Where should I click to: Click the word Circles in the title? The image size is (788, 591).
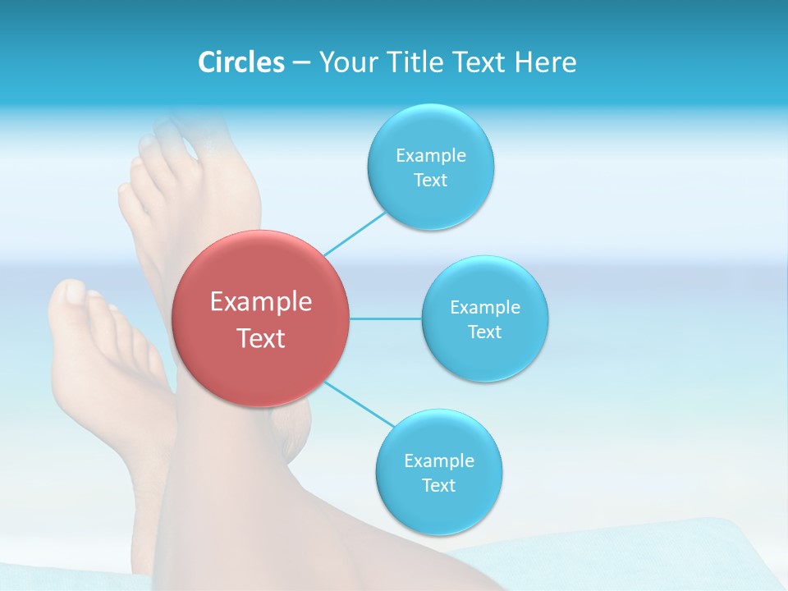pyautogui.click(x=241, y=62)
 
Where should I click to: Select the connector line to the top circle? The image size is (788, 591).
pyautogui.click(x=355, y=232)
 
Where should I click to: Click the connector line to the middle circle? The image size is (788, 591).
pyautogui.click(x=386, y=318)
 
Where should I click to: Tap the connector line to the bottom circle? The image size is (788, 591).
pyautogui.click(x=360, y=404)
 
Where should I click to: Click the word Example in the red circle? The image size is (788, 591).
pyautogui.click(x=260, y=302)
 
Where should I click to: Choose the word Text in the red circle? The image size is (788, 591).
pyautogui.click(x=260, y=338)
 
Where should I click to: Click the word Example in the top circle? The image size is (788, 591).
pyautogui.click(x=430, y=156)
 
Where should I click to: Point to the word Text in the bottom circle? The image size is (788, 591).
pyautogui.click(x=438, y=485)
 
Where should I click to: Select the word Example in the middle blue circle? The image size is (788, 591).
pyautogui.click(x=484, y=308)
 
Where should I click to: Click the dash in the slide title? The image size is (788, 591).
pyautogui.click(x=301, y=63)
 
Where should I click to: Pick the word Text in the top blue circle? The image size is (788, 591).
pyautogui.click(x=430, y=181)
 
